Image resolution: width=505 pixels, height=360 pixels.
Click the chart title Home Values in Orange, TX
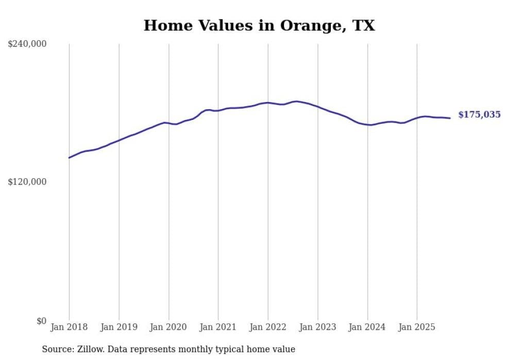pyautogui.click(x=259, y=26)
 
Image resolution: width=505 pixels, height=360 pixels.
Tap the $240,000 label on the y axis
pyautogui.click(x=27, y=44)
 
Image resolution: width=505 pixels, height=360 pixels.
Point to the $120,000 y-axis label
pyautogui.click(x=27, y=182)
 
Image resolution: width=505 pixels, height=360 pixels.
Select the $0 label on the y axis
pyautogui.click(x=41, y=321)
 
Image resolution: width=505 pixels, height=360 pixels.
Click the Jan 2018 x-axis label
pyautogui.click(x=69, y=327)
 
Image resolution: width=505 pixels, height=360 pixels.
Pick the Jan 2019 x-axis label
pyautogui.click(x=119, y=327)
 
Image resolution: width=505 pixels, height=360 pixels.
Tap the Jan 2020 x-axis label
pyautogui.click(x=169, y=327)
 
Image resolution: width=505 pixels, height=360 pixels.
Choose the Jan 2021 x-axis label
pyautogui.click(x=218, y=327)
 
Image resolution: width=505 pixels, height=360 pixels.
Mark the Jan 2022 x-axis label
pyautogui.click(x=268, y=327)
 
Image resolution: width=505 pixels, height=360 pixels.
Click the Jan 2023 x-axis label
pyautogui.click(x=317, y=327)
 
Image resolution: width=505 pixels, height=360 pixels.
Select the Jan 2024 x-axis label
pyautogui.click(x=367, y=327)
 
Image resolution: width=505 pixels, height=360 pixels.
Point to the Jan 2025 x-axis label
pyautogui.click(x=417, y=327)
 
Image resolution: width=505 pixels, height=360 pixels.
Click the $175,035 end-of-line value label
pyautogui.click(x=479, y=115)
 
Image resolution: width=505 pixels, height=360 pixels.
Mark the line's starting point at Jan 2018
pyautogui.click(x=69, y=158)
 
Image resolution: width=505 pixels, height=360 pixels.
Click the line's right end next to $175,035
pyautogui.click(x=450, y=118)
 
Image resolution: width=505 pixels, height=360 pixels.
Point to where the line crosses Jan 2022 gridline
pyautogui.click(x=268, y=102)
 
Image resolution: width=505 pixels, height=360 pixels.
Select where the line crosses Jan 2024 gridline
pyautogui.click(x=367, y=125)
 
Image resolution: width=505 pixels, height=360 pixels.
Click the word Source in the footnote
pyautogui.click(x=56, y=349)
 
